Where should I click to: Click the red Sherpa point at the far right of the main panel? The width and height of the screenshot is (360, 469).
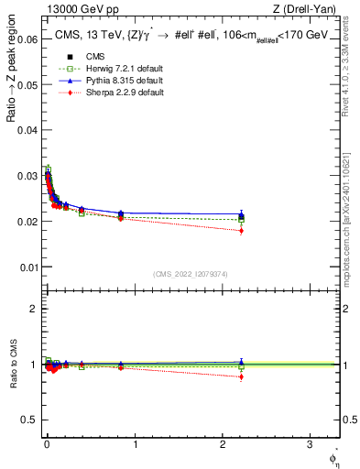pyautogui.click(x=241, y=231)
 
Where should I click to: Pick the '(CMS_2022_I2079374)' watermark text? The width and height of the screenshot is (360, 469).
pyautogui.click(x=191, y=273)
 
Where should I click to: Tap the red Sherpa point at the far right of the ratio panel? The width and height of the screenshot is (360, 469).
pyautogui.click(x=241, y=376)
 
